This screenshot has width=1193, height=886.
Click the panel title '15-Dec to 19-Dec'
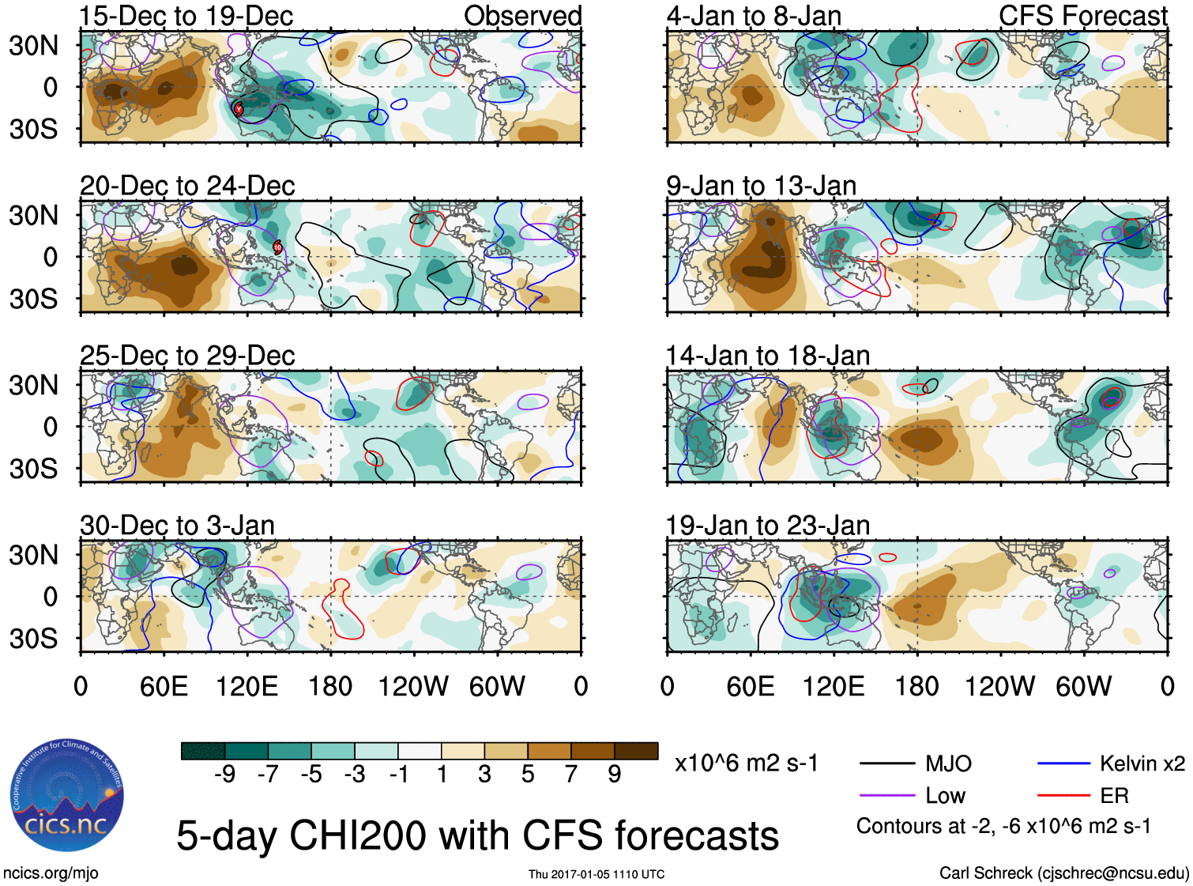point(186,16)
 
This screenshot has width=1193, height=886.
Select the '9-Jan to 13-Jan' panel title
point(761,186)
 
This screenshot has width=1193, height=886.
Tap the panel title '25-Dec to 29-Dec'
point(187,356)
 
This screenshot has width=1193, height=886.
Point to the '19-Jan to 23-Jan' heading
point(767,526)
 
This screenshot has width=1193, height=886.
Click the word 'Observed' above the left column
point(522,16)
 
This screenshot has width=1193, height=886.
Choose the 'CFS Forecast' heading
point(1082,16)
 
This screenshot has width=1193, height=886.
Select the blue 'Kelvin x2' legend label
point(1142,763)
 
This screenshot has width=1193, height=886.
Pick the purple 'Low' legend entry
point(945,796)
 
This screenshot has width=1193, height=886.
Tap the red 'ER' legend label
point(1114,796)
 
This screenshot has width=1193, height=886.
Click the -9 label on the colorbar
point(225,775)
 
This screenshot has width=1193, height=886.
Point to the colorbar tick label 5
point(528,775)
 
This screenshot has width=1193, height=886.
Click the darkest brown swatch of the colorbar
point(636,751)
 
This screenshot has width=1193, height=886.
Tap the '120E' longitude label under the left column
point(247,686)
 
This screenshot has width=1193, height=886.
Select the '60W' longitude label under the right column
point(1083,686)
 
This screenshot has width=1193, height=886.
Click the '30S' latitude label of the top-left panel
point(33,129)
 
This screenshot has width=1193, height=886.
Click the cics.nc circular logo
point(66,797)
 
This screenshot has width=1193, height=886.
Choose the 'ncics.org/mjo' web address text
point(51,873)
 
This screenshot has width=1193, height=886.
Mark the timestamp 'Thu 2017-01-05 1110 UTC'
point(596,874)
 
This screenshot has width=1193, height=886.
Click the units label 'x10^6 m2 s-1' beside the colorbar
point(747,763)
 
